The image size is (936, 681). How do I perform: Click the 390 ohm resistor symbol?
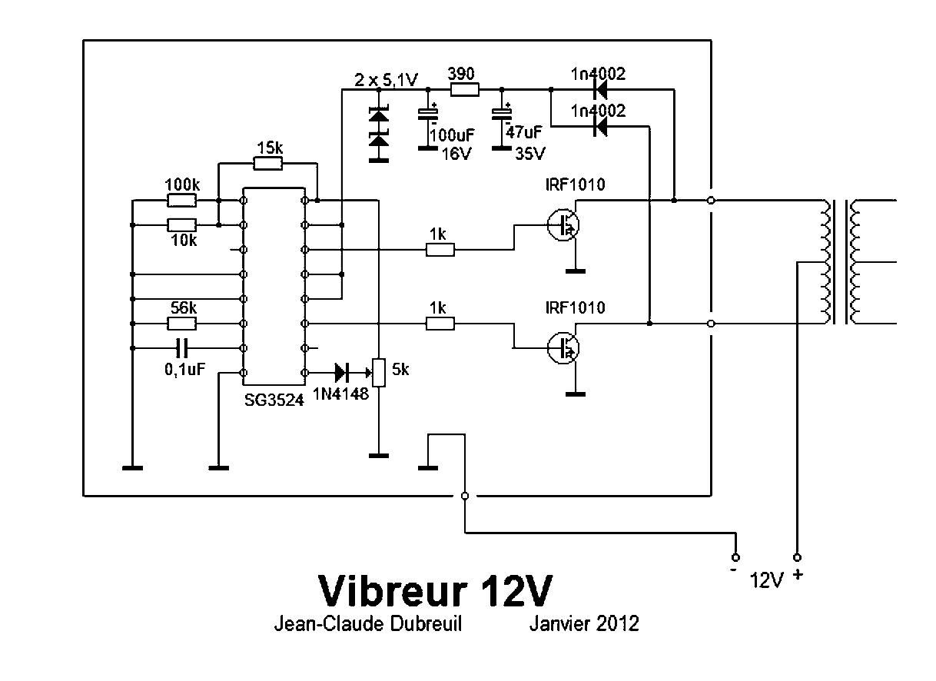pos(464,90)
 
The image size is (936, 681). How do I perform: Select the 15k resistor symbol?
pos(268,164)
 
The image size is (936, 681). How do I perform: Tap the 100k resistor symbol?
pos(182,201)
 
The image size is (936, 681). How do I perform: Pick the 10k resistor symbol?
pos(182,225)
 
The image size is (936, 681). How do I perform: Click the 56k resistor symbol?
pos(182,324)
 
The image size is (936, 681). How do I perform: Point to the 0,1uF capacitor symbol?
pos(182,348)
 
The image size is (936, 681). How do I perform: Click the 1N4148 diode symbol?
pos(342,373)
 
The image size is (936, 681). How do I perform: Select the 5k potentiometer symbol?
pos(379,373)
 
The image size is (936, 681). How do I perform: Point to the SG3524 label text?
pos(274,400)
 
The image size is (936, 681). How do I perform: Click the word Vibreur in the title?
pos(393,591)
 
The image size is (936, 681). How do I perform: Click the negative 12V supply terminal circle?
pos(736,557)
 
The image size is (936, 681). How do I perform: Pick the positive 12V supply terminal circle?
pos(797,557)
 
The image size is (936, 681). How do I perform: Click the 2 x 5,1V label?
pos(386,80)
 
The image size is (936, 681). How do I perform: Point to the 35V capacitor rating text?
pos(529,154)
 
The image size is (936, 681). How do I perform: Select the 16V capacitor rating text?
pos(456,154)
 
